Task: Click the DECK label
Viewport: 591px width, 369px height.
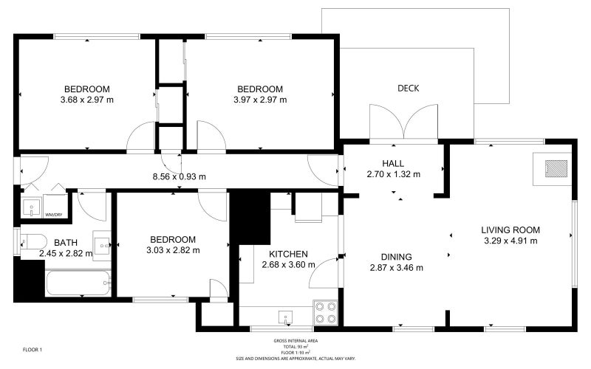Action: coord(409,88)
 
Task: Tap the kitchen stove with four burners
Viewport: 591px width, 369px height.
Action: coord(326,312)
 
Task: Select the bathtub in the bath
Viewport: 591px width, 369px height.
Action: coord(78,283)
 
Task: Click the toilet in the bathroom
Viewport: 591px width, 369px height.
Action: coord(33,241)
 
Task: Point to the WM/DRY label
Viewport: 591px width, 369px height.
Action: coord(53,215)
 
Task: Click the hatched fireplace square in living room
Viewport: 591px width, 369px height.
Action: coord(556,168)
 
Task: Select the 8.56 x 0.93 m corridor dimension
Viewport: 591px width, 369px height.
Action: coord(179,176)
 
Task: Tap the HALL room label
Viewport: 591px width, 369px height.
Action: coord(393,163)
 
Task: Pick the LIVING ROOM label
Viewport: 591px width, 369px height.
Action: coord(510,230)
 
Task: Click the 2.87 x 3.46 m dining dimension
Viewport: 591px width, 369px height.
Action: coord(396,268)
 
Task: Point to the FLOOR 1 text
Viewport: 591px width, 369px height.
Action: coord(33,350)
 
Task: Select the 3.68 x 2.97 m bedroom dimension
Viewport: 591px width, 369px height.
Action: coord(86,100)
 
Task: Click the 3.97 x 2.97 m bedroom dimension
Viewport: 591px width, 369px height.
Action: coord(260,100)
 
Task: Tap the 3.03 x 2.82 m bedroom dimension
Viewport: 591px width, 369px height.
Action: coord(173,250)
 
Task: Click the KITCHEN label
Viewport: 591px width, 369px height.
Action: coord(288,254)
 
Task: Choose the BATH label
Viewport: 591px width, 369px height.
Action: coord(66,243)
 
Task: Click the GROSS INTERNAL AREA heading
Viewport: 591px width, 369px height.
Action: coord(295,341)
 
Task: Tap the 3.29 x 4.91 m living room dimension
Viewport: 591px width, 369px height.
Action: coord(510,241)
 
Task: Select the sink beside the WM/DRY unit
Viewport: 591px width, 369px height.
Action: coord(31,207)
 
